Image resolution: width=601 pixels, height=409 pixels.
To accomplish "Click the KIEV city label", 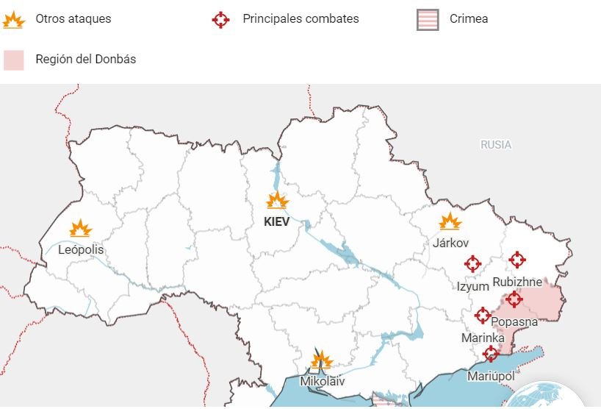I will (x=277, y=221).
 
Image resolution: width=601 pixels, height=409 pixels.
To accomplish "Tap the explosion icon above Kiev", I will (x=277, y=200).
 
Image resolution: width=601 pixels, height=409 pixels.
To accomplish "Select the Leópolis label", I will (x=81, y=250).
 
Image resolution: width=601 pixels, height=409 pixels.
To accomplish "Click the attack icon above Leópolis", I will (x=81, y=229).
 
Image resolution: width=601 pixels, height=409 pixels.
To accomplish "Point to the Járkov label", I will (x=450, y=242).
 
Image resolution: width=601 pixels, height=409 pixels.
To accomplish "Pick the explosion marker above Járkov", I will (x=450, y=221).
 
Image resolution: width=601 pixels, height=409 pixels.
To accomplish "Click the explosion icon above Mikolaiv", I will (x=321, y=360).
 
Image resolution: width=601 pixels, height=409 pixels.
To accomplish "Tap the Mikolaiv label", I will (x=322, y=382).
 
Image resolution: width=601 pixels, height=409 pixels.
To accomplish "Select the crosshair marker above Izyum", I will (x=472, y=263).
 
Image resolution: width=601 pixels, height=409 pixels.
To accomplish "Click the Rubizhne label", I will (x=517, y=282).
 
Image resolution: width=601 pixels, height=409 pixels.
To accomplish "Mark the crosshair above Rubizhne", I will (x=517, y=260).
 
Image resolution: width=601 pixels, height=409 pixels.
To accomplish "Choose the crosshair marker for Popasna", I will (x=514, y=299).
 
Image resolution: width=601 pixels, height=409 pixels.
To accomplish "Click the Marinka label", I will (x=483, y=338).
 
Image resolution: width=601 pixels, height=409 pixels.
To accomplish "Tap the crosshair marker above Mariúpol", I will (x=491, y=355).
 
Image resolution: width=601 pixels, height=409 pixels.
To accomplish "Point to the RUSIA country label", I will (x=496, y=145).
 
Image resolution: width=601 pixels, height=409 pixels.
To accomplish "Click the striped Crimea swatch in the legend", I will (x=428, y=19).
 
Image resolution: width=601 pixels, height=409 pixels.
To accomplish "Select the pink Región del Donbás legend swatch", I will (x=14, y=60).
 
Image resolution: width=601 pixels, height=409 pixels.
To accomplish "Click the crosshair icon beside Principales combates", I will (x=220, y=19).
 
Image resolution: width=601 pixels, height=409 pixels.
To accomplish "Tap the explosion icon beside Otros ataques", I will (x=13, y=20).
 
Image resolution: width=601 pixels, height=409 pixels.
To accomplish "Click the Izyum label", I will (x=472, y=286).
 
